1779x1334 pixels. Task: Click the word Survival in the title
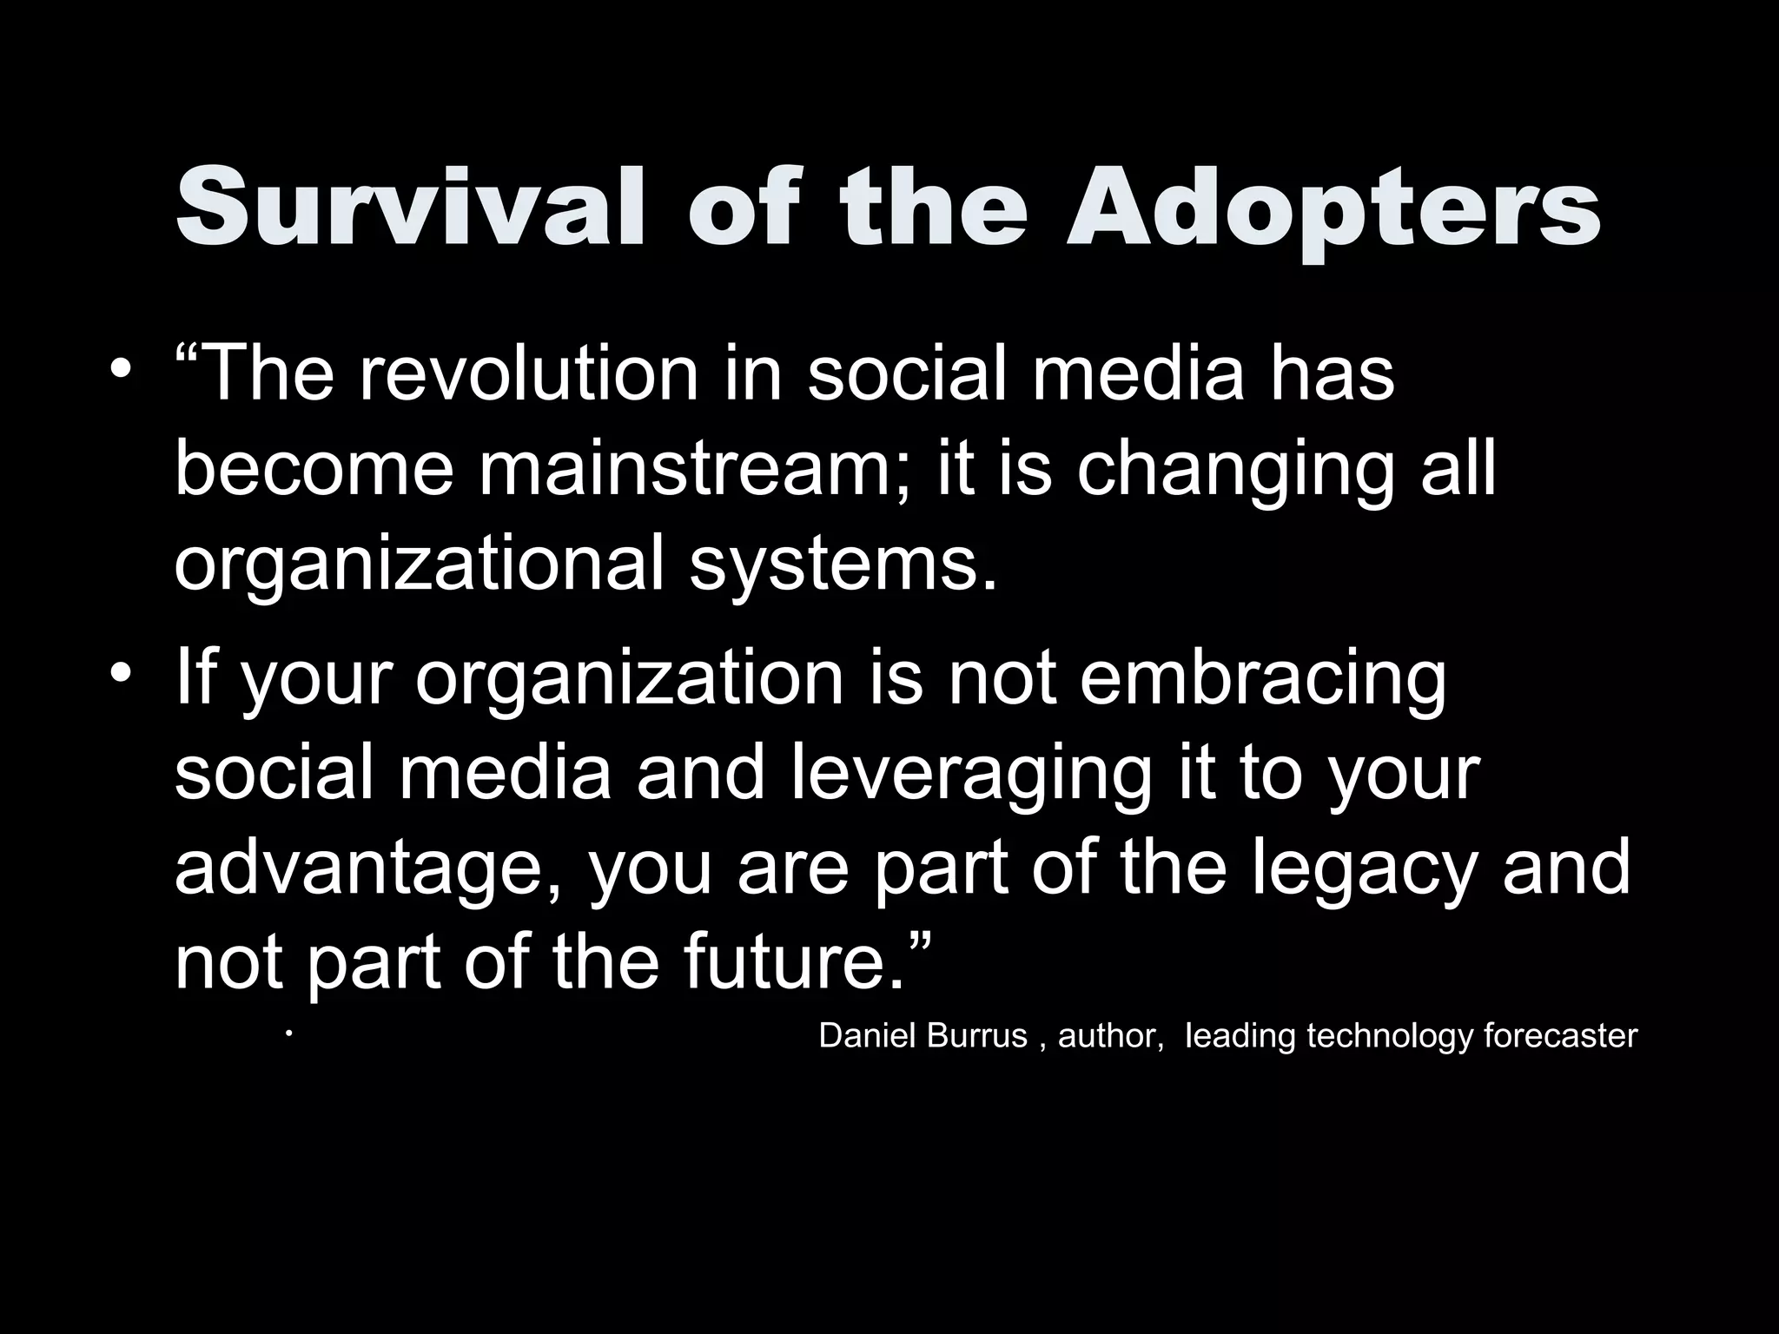(409, 209)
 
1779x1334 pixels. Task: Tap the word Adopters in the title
(1333, 213)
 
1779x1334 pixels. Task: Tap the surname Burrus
(976, 1036)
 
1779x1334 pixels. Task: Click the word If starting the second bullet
(196, 677)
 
